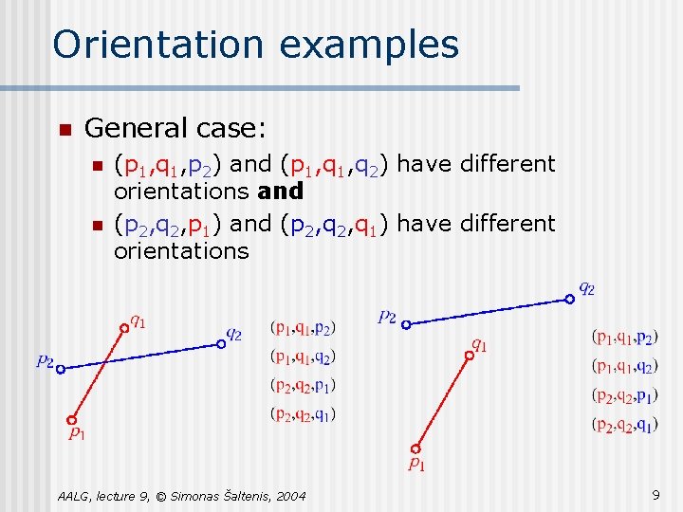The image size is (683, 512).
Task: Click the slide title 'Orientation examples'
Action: point(255,45)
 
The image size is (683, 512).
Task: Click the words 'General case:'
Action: point(175,127)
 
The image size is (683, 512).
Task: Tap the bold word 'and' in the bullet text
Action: point(280,191)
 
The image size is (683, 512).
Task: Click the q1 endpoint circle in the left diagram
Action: point(123,329)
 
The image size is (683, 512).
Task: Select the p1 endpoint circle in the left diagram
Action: point(71,419)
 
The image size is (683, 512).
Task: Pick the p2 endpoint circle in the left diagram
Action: point(60,370)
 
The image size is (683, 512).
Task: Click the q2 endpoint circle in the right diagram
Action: point(569,299)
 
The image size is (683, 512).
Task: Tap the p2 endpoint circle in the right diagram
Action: point(405,324)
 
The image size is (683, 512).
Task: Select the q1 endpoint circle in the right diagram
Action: point(468,356)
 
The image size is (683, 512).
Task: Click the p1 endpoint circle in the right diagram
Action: point(415,448)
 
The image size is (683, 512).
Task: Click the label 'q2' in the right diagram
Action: point(587,288)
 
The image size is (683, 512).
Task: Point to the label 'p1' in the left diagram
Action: point(77,433)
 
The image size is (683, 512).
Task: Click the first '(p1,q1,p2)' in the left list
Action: point(303,328)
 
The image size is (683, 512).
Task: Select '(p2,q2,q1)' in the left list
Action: point(303,413)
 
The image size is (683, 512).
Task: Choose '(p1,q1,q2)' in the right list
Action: point(623,366)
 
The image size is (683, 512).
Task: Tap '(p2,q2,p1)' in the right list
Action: point(623,395)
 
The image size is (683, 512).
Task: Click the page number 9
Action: point(655,494)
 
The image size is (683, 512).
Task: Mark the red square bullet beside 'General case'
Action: point(63,129)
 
